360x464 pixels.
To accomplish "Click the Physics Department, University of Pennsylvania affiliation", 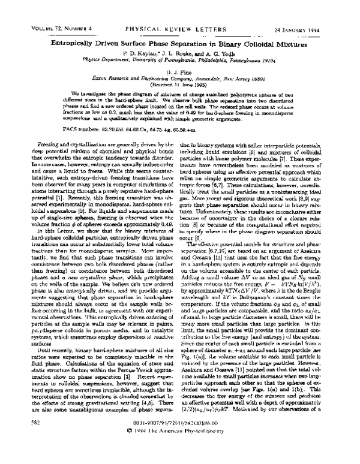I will [180, 44].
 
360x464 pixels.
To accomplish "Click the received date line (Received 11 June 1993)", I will [180, 68].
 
